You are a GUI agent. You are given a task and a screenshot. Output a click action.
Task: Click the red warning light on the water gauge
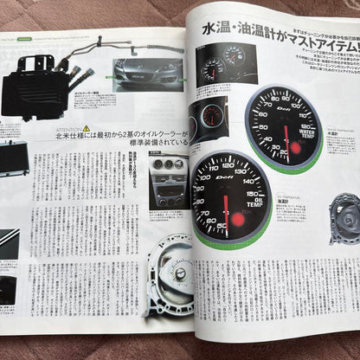coord(295,149)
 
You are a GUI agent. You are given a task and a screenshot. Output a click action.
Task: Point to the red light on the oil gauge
coord(236,219)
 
